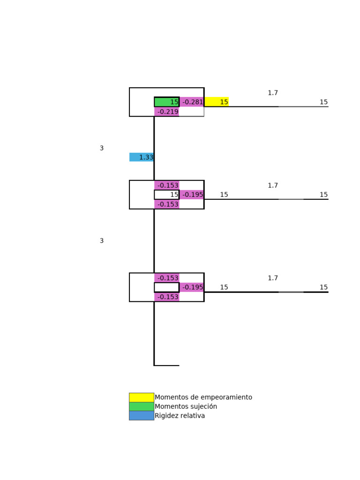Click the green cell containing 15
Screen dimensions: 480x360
pos(166,102)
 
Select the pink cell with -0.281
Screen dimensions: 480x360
pos(192,102)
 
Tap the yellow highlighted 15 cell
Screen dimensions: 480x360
pos(217,102)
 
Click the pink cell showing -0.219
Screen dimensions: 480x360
pos(167,112)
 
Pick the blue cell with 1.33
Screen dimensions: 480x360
pos(142,157)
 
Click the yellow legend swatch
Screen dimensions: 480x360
pos(142,397)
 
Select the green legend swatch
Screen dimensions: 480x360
pos(142,406)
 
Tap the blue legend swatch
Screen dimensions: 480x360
pos(142,416)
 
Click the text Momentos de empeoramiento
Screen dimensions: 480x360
pos(203,397)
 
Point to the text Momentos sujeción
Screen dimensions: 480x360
pos(186,406)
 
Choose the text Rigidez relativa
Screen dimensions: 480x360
pos(180,416)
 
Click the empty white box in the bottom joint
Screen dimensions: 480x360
pos(166,287)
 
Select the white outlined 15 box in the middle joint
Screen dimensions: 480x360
pos(166,195)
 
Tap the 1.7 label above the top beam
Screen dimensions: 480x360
pos(273,93)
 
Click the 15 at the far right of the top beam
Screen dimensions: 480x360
pos(323,102)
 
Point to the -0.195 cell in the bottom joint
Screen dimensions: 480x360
pos(192,287)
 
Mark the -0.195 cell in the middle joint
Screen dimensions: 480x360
pos(192,195)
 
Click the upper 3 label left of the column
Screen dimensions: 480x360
pos(102,148)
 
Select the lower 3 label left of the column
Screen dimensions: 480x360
pos(102,241)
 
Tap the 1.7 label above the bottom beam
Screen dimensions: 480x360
pos(273,278)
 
